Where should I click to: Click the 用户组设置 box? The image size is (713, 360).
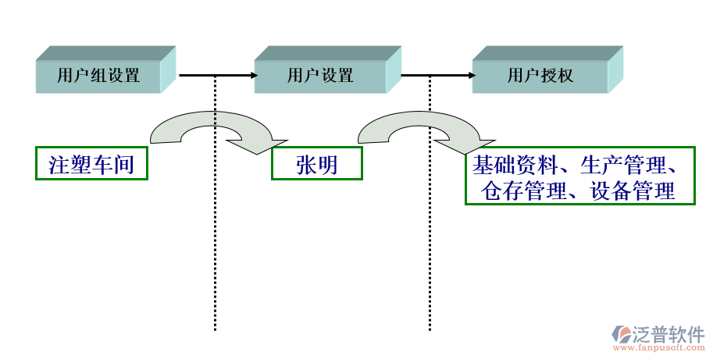point(98,76)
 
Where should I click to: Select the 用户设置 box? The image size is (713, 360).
point(320,76)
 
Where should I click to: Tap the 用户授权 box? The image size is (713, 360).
point(540,76)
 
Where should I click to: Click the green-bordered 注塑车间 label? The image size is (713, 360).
point(91,164)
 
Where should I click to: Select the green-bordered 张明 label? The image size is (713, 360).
point(316,164)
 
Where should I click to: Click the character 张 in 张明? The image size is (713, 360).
point(305,164)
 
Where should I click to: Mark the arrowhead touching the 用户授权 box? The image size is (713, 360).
point(471,76)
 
